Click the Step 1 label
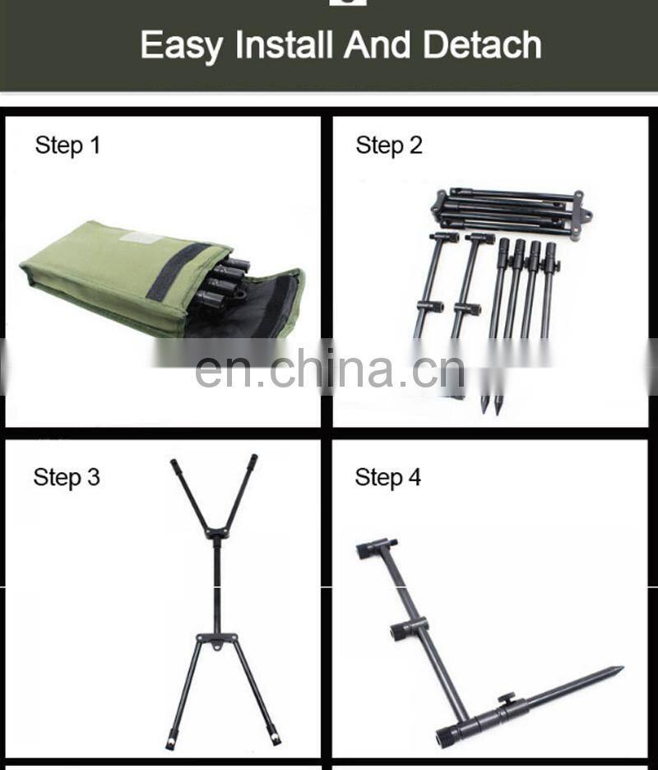tap(67, 146)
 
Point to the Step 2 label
tap(388, 146)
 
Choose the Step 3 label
tap(67, 477)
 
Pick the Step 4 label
tap(387, 477)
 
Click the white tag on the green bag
tap(141, 237)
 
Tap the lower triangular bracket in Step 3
tap(216, 640)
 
